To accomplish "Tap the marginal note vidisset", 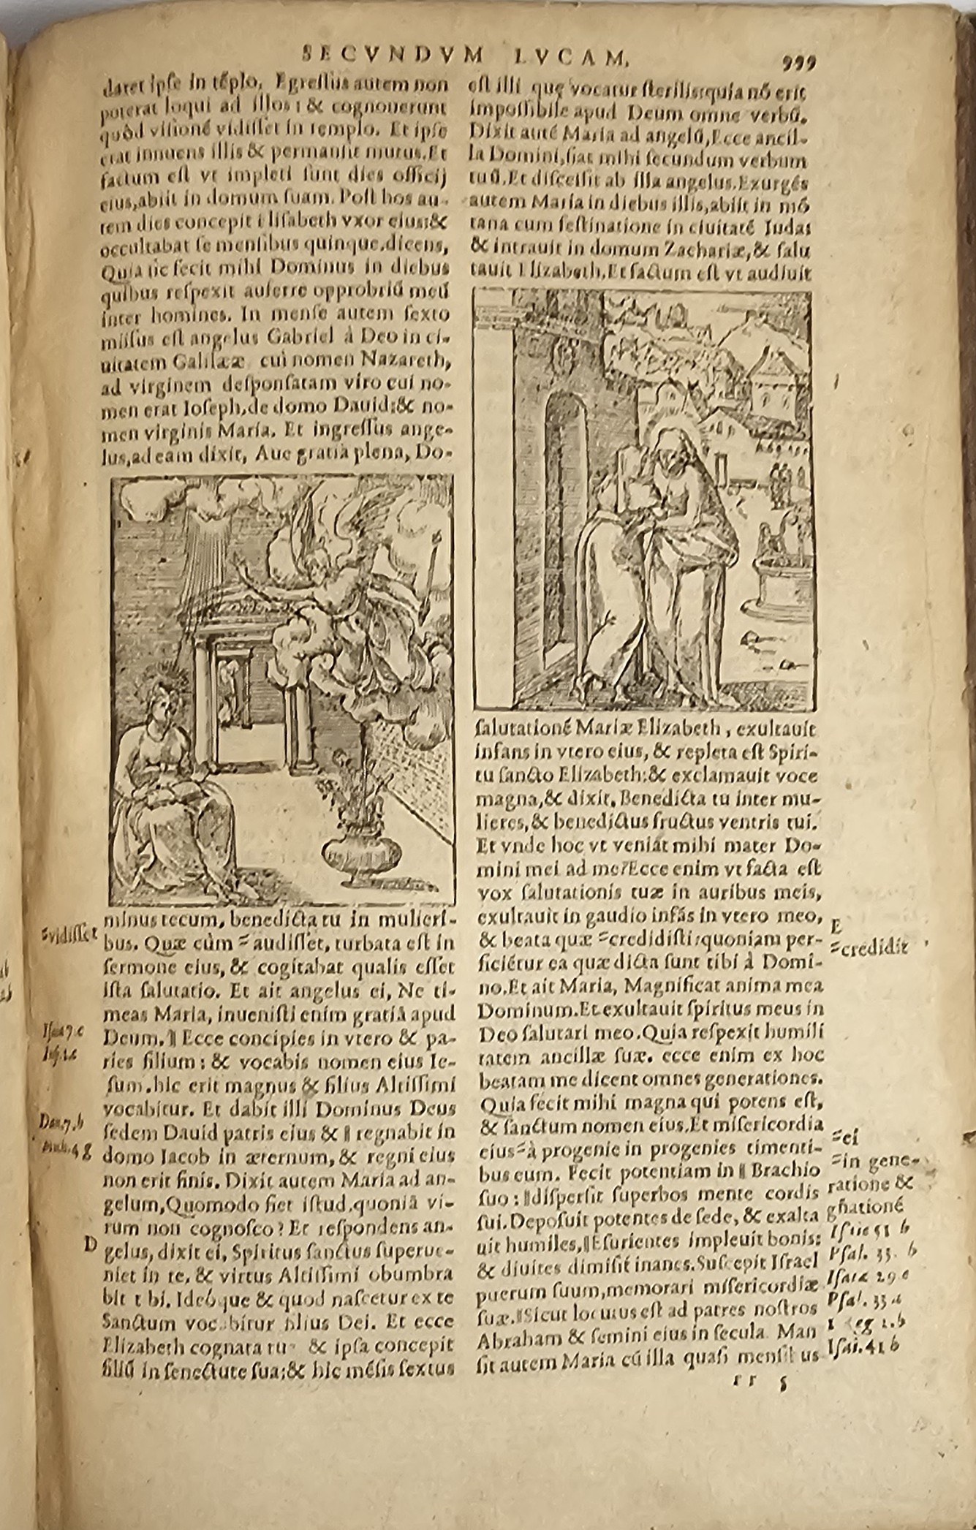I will click(69, 938).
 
